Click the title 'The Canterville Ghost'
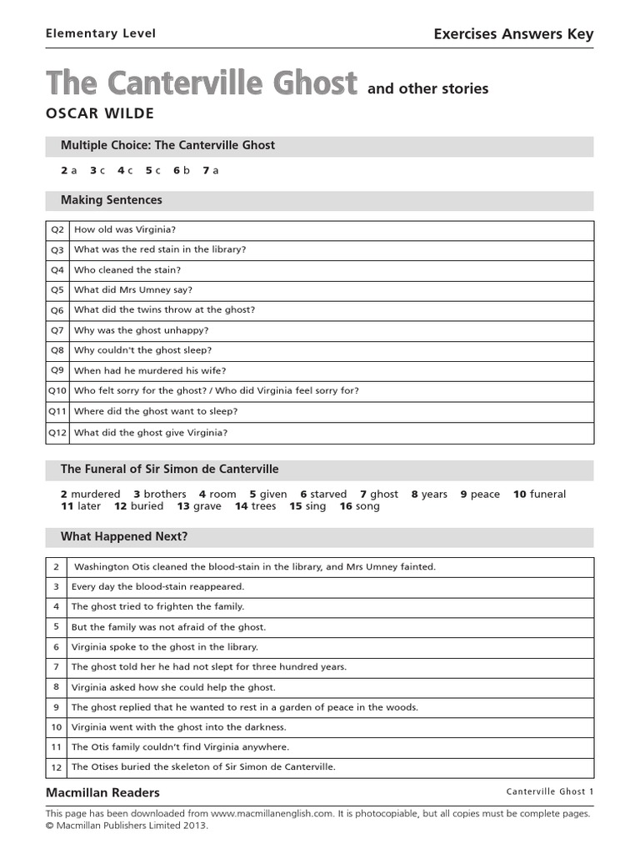pyautogui.click(x=201, y=84)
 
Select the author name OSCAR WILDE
pyautogui.click(x=100, y=113)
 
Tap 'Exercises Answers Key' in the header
pyautogui.click(x=513, y=34)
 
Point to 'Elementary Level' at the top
pyautogui.click(x=100, y=34)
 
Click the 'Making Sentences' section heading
pyautogui.click(x=112, y=200)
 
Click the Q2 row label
pyautogui.click(x=57, y=229)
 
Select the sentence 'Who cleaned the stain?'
pyautogui.click(x=127, y=269)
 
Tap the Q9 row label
pyautogui.click(x=57, y=370)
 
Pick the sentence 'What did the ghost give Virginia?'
pyautogui.click(x=150, y=432)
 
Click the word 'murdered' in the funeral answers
pyautogui.click(x=96, y=494)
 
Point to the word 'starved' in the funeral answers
pyautogui.click(x=328, y=494)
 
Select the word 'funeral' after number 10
pyautogui.click(x=547, y=494)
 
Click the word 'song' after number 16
pyautogui.click(x=367, y=506)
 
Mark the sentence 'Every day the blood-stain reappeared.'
pyautogui.click(x=157, y=586)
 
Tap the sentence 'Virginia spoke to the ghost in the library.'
pyautogui.click(x=165, y=646)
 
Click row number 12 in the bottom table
pyautogui.click(x=57, y=767)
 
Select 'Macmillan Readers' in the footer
pyautogui.click(x=102, y=792)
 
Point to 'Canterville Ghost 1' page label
pyautogui.click(x=549, y=791)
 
